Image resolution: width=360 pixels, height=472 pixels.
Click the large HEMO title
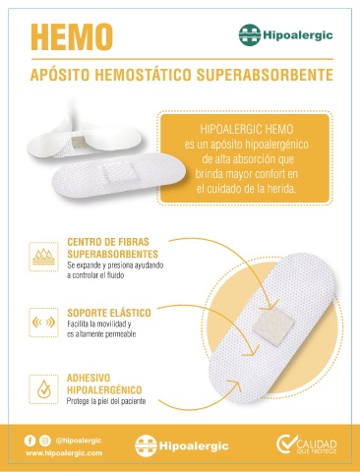pos(72,37)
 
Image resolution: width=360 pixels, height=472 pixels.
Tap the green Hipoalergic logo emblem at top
pos(250,34)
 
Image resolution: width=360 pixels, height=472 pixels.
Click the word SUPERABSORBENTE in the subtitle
pos(265,75)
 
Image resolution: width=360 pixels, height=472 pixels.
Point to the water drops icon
pos(43,257)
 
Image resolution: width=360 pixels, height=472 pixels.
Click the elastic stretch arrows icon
pos(43,323)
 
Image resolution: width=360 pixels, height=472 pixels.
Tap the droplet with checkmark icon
pos(43,389)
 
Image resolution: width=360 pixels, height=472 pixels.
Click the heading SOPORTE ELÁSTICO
pos(109,313)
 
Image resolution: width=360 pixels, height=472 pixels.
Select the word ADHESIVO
pos(89,378)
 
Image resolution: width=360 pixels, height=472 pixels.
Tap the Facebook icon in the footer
pos(30,441)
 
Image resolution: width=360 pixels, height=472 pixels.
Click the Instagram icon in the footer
pos(45,441)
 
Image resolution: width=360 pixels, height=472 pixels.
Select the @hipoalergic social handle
pos(79,441)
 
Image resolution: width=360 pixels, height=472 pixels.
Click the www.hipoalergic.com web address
pos(64,453)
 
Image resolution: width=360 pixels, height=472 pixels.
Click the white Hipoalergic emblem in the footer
pos(146,445)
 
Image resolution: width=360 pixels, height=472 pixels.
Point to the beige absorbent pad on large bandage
pos(270,326)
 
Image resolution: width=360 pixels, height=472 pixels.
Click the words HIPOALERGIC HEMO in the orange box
pos(247,129)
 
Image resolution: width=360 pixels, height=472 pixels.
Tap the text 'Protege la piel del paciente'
pos(106,401)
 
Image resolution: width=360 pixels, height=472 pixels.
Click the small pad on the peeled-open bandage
pos(79,142)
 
